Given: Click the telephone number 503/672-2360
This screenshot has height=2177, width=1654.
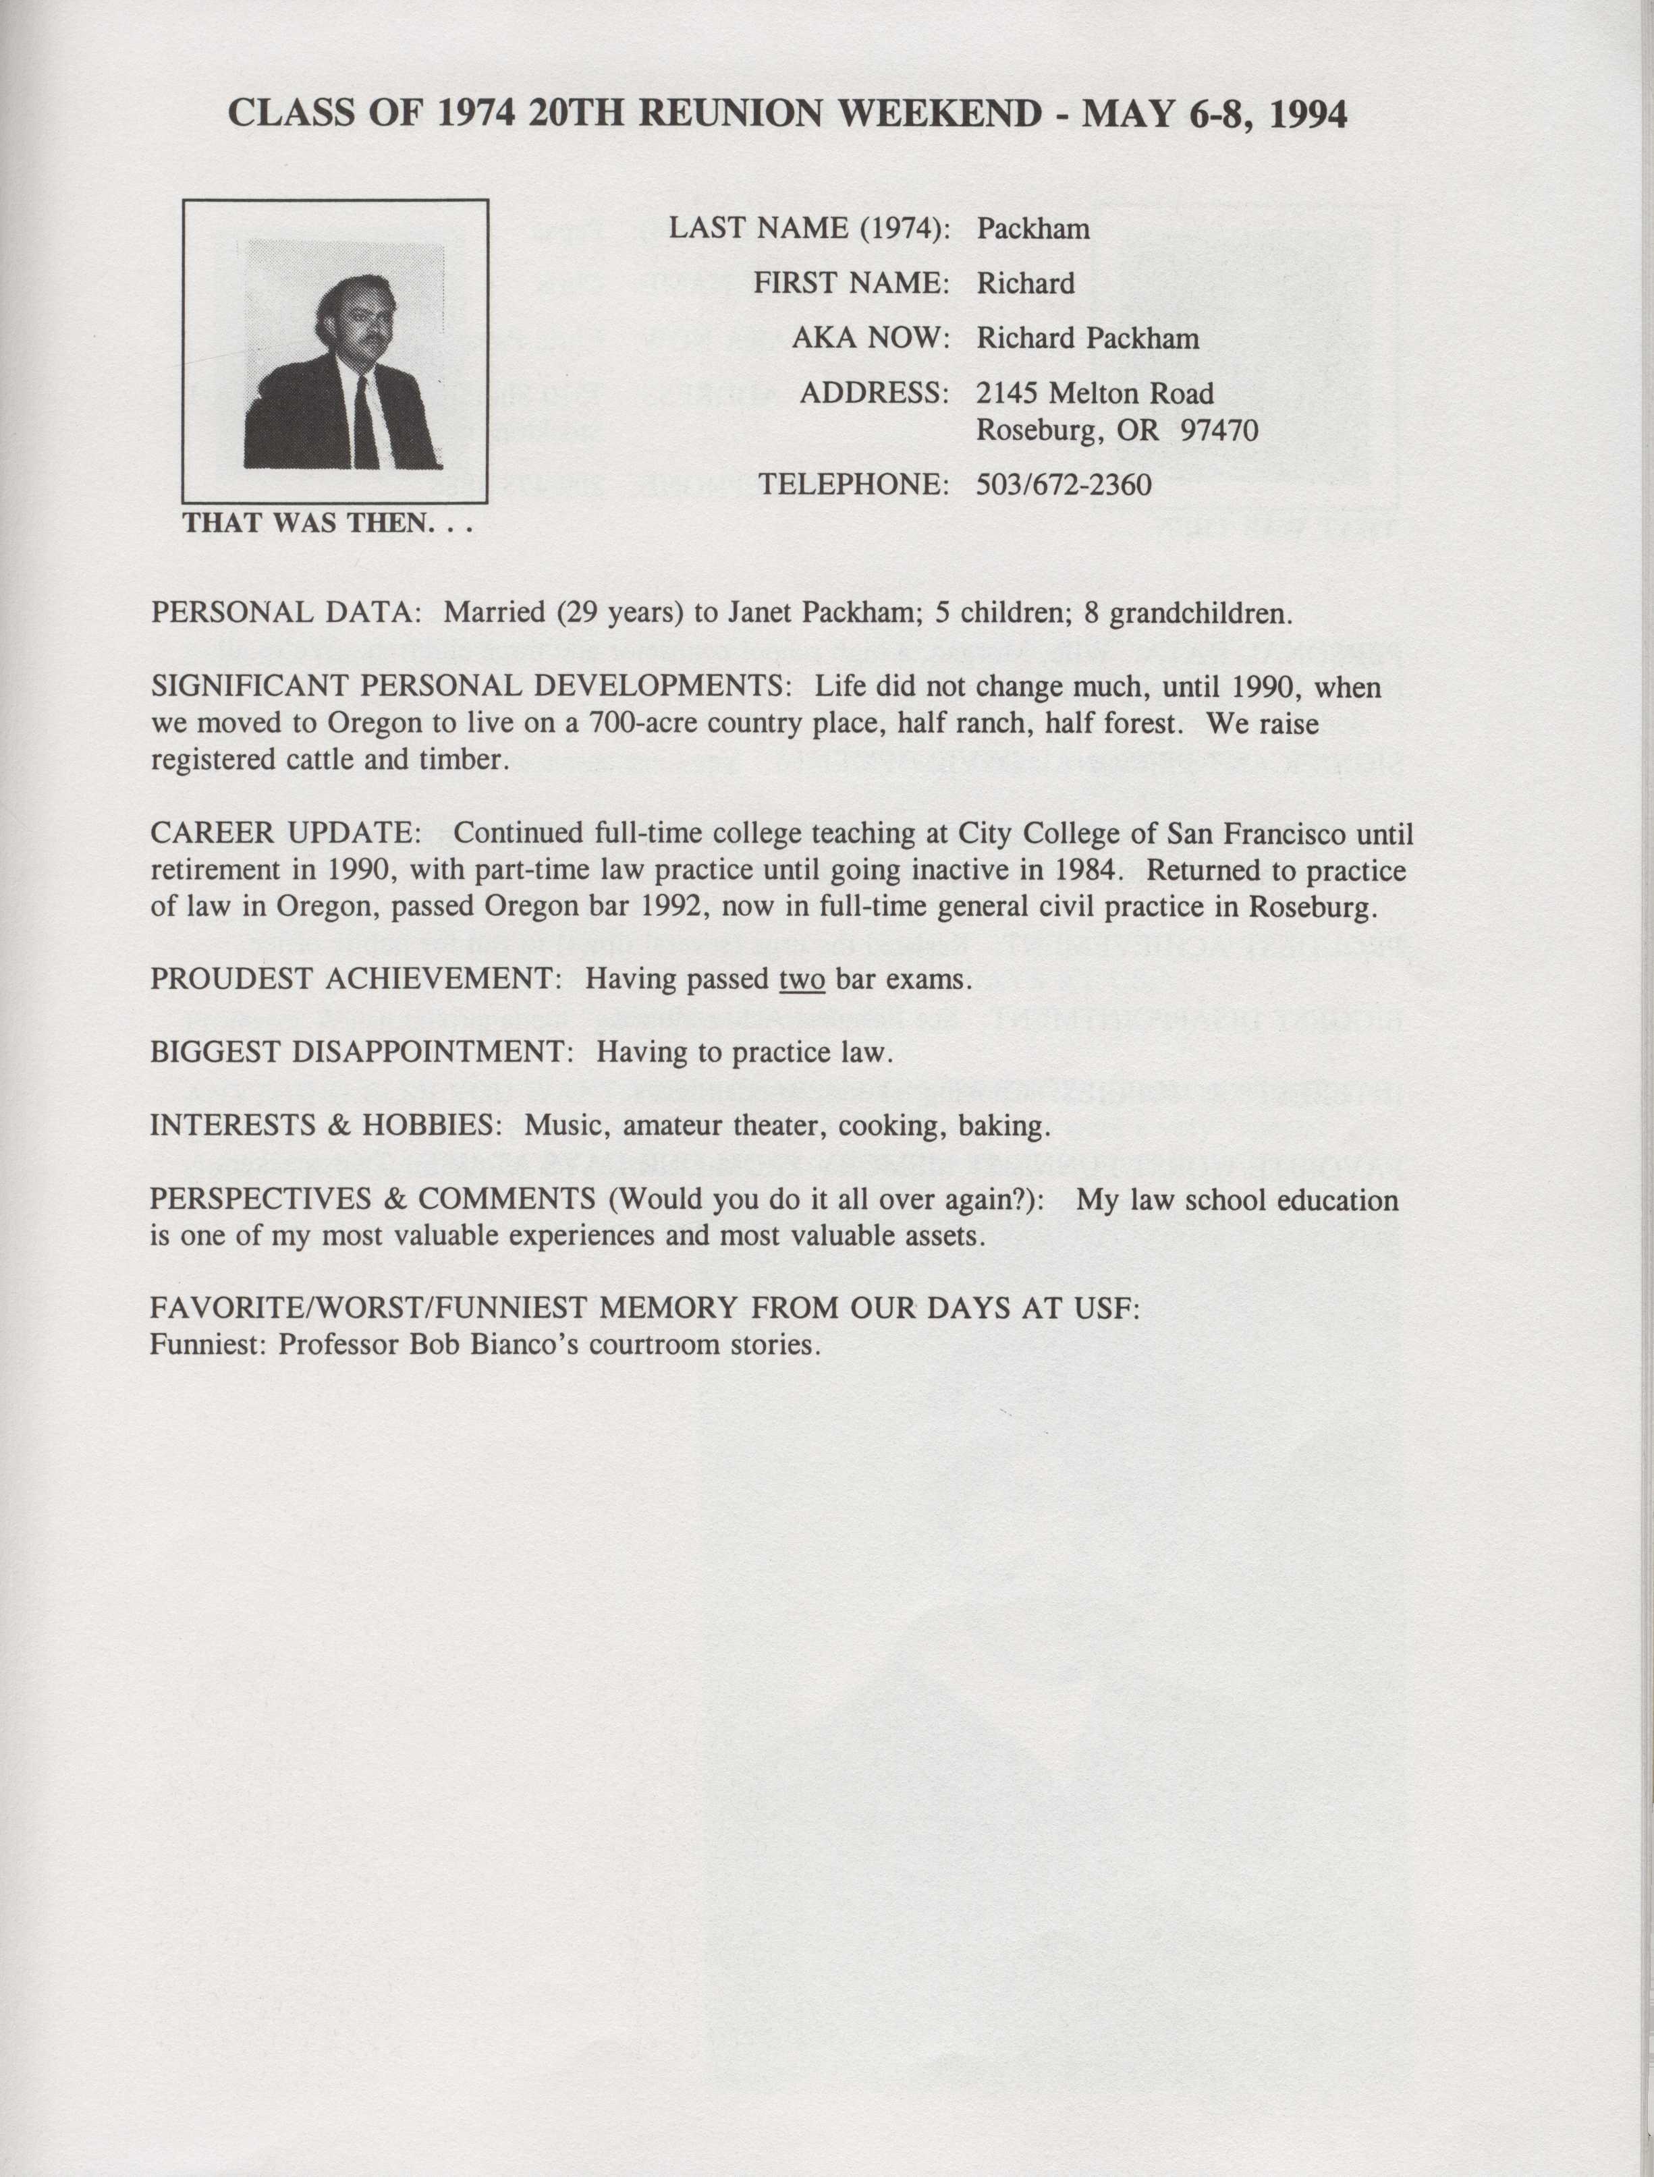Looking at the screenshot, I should (1064, 484).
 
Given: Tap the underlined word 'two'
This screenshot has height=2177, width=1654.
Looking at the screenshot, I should (802, 980).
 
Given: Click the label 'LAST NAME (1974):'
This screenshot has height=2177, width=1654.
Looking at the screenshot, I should (809, 228).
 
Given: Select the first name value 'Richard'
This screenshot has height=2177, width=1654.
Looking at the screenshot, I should (1025, 283).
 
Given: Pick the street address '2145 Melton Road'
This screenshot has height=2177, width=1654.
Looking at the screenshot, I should (1094, 394).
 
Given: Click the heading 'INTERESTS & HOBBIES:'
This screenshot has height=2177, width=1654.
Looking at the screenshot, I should (322, 1125).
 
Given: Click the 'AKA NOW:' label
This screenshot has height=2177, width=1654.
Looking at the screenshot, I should (871, 339).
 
